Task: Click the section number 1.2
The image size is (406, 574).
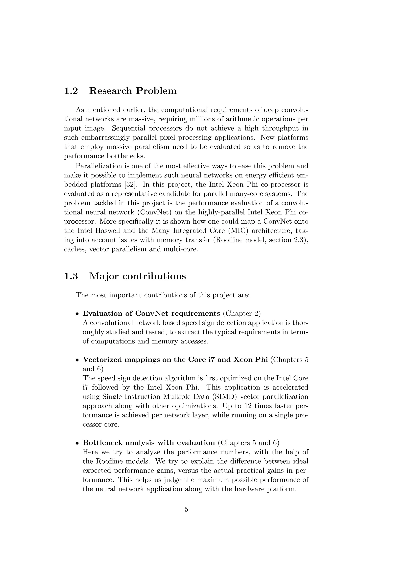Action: tap(71, 91)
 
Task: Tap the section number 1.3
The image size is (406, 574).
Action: tap(71, 276)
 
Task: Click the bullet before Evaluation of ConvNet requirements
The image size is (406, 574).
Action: tap(78, 314)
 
